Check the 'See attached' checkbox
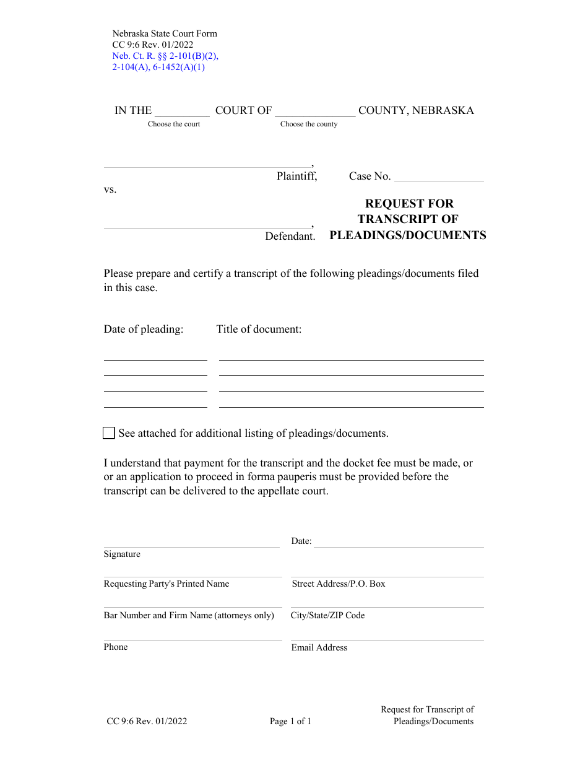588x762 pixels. point(109,433)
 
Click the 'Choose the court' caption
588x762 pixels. point(174,124)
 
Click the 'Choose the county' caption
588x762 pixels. point(309,124)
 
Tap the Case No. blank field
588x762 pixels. point(439,176)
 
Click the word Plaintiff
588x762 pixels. point(296,176)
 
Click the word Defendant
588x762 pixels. point(290,236)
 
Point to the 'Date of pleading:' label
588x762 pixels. point(144,329)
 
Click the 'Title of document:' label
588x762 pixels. point(259,329)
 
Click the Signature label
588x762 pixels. point(122,554)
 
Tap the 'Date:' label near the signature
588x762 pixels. point(301,541)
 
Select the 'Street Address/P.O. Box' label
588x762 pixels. point(339,584)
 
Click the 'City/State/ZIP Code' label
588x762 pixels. point(327,615)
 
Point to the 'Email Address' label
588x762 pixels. point(319,647)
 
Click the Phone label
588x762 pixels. point(116,647)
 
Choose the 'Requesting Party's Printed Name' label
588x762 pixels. point(166,584)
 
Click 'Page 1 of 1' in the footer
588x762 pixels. point(290,721)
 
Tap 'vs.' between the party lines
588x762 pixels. point(110,190)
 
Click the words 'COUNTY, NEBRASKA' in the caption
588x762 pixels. point(416,110)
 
